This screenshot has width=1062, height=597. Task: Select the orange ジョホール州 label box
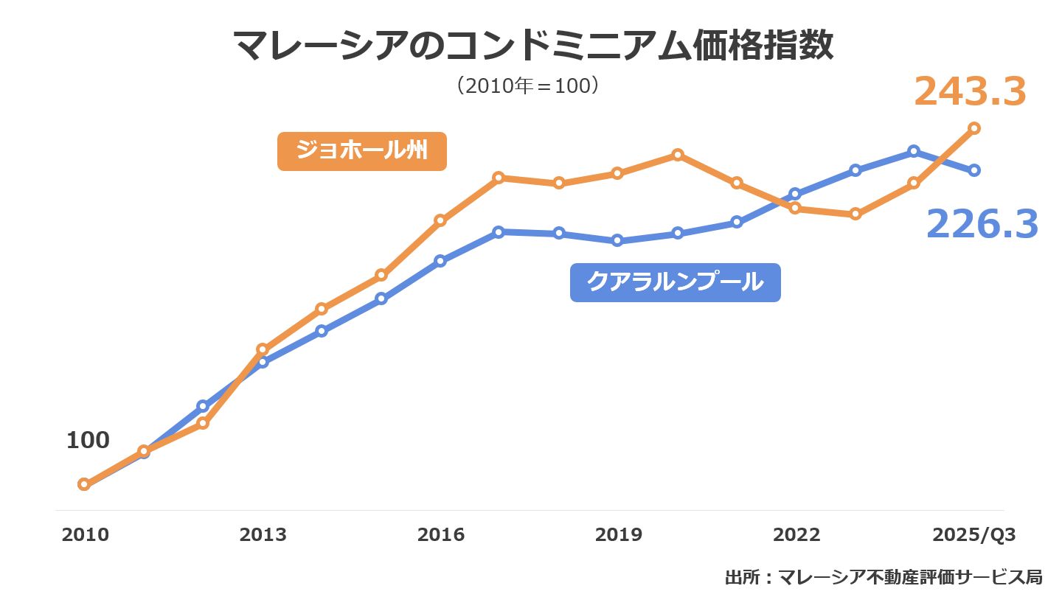pos(361,151)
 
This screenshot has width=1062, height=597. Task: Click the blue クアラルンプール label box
pos(675,282)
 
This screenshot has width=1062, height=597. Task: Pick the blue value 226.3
pos(982,224)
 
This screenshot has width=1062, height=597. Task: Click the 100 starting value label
pos(88,441)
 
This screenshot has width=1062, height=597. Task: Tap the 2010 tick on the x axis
pos(85,535)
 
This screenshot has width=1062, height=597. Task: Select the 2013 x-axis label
pos(263,535)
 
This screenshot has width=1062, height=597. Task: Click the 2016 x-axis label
pos(441,535)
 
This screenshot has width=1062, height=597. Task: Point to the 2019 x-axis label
pos(619,535)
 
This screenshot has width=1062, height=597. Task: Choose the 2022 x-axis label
pos(796,535)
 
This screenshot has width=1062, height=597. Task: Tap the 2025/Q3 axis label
pos(974,535)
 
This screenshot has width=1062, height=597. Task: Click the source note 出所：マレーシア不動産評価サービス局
pos(884,576)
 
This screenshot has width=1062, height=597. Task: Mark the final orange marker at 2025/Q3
pos(974,128)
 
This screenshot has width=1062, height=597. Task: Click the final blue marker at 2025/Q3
pos(974,170)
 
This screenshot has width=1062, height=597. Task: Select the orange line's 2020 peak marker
pos(678,155)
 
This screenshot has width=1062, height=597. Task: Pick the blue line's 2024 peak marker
pos(914,151)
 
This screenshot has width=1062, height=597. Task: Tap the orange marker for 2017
pos(499,178)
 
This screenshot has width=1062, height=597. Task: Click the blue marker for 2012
pos(203,406)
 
